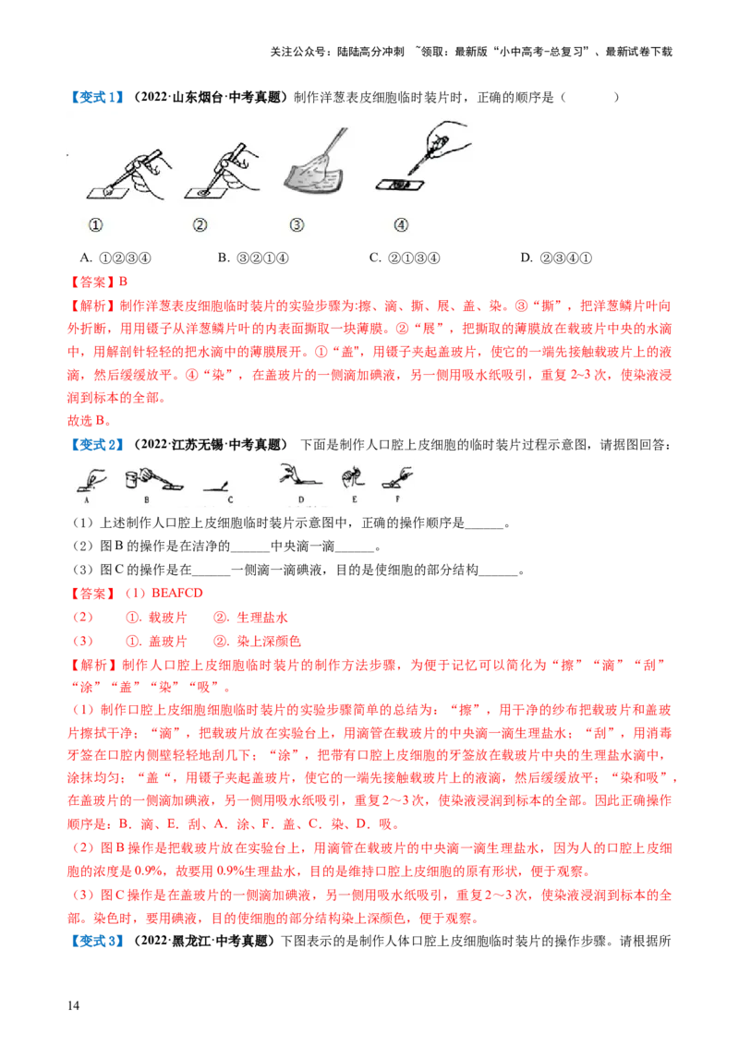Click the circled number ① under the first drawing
95,224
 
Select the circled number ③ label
297,224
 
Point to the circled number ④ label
400,224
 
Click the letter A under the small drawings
86,499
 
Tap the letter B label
146,499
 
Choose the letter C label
230,499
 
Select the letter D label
301,499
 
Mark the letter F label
398,499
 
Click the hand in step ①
148,172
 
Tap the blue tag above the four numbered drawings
97,96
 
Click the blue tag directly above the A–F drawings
96,446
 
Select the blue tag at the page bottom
96,941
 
